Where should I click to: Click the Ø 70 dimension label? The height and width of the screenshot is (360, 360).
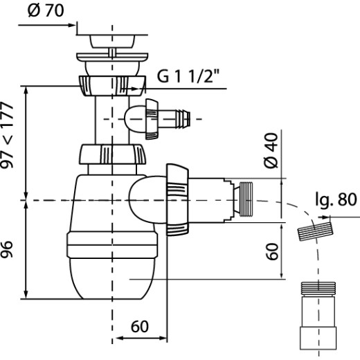46,10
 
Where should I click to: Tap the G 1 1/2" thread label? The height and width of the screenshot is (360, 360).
188,76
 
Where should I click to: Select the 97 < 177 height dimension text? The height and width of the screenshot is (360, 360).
7,136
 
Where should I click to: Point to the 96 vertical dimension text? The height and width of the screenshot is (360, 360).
7,249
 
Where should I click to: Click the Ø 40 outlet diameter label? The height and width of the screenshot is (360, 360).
271,150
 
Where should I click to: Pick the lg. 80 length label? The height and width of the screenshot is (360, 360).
336,199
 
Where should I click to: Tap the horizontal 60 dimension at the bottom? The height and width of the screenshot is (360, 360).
140,327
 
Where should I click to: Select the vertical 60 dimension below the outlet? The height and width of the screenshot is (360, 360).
272,251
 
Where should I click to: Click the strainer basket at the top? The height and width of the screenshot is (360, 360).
112,42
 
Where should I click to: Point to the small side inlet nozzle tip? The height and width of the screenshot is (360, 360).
183,119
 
